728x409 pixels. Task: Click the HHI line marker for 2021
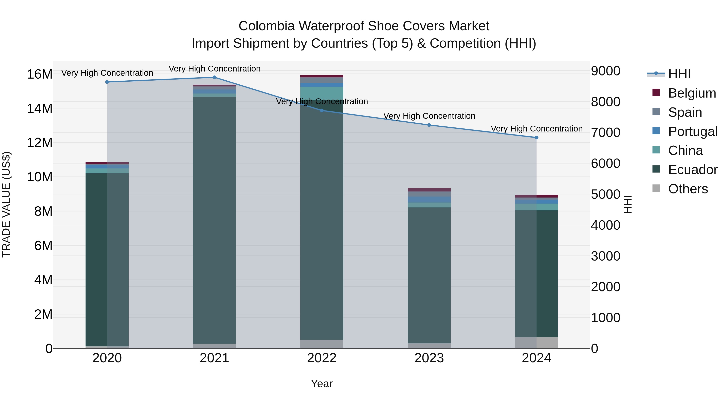[214, 77]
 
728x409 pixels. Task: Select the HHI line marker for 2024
[536, 138]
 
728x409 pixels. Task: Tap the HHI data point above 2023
[429, 125]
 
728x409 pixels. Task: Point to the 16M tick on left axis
[40, 74]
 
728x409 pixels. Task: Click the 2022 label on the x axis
[322, 358]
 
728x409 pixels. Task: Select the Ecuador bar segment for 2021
[214, 220]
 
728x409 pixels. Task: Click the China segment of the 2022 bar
[322, 93]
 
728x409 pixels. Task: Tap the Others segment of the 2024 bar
[536, 343]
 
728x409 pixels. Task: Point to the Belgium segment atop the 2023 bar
[429, 190]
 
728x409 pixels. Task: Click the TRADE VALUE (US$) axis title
[6, 204]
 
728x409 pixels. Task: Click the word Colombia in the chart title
[267, 26]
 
